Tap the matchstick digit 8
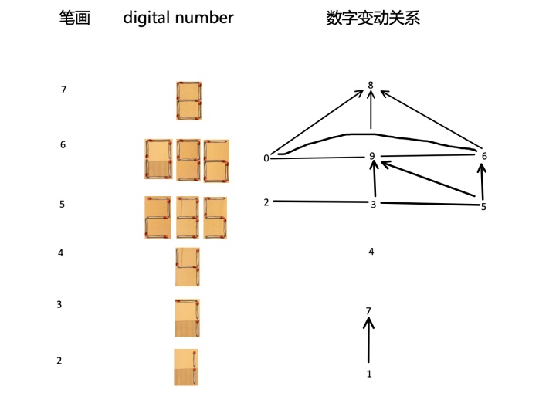click(x=188, y=100)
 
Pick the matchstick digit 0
click(x=158, y=160)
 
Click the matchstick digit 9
click(x=188, y=160)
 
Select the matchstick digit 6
click(x=217, y=160)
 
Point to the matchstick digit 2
click(x=158, y=217)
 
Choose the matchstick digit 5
click(x=217, y=217)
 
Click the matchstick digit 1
click(x=186, y=367)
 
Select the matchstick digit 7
click(x=187, y=317)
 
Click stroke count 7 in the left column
click(x=63, y=90)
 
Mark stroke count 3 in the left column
click(x=59, y=305)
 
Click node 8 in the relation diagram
click(x=371, y=85)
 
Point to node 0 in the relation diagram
click(x=266, y=158)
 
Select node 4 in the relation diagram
click(x=371, y=251)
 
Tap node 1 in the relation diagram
click(x=369, y=374)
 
